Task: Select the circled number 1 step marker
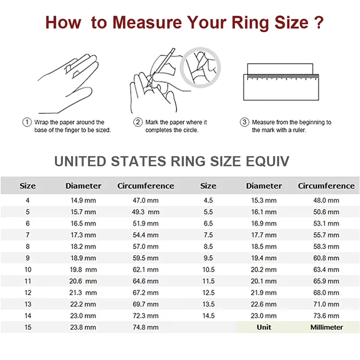pos(27,122)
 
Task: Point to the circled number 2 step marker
pos(138,122)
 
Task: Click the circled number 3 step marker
pos(244,122)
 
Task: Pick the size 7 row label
pos(27,235)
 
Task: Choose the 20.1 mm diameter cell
pos(264,281)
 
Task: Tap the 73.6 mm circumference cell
pos(326,316)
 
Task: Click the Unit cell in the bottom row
pos(264,327)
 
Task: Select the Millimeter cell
pos(326,327)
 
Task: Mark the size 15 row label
pos(27,327)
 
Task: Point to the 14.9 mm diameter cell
pos(83,200)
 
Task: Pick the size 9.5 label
pos(208,258)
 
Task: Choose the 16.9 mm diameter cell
pos(264,224)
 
